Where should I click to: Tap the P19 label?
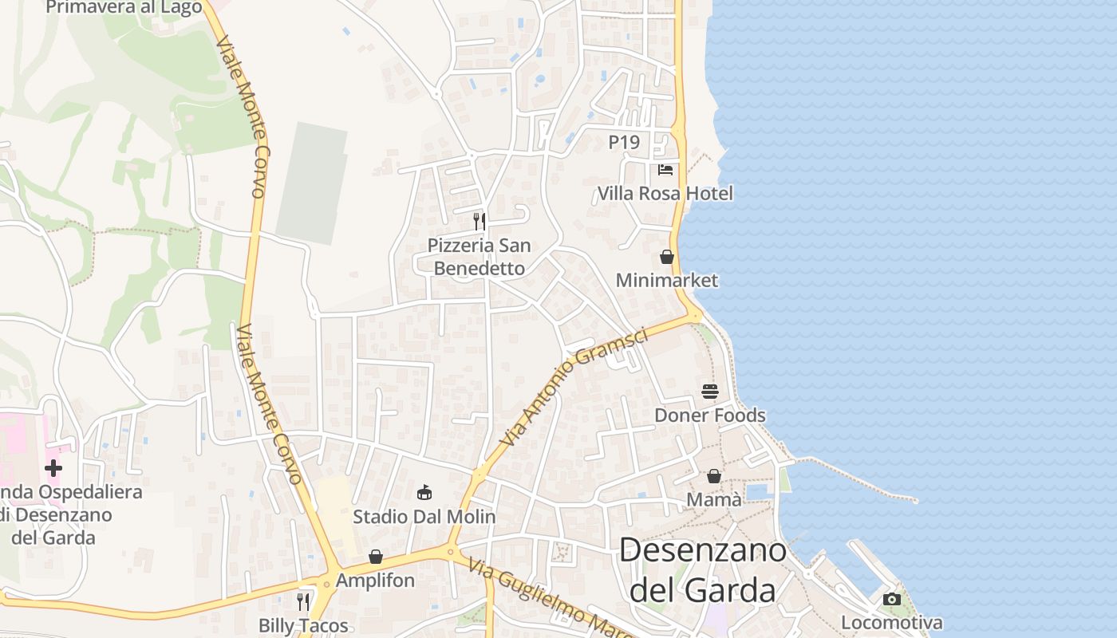624,142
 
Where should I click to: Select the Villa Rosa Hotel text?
665,193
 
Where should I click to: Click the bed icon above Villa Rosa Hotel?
665,170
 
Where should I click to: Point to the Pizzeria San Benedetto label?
479,256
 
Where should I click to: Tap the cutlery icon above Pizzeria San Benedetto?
480,221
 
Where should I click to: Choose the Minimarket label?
667,280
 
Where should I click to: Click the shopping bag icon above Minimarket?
667,257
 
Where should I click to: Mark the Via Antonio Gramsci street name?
574,387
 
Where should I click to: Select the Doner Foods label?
709,415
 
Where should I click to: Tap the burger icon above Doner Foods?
710,392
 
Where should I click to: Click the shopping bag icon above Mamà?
714,476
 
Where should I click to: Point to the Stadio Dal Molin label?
424,516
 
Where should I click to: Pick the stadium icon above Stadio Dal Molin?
424,493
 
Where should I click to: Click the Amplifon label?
375,580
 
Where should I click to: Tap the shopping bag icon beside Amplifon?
376,557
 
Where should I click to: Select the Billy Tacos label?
303,624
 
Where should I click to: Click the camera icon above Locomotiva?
892,599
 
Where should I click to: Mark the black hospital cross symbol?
53,468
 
